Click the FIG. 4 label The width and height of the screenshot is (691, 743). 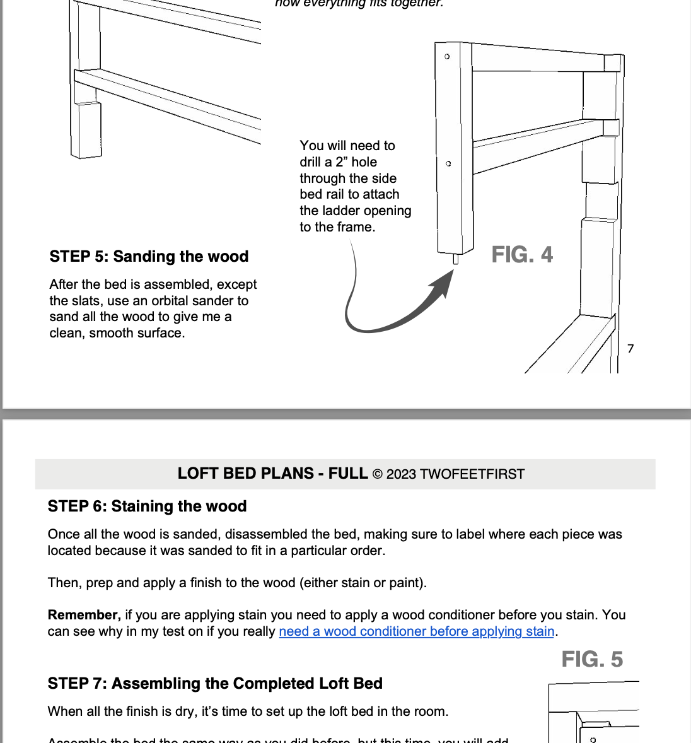(x=522, y=255)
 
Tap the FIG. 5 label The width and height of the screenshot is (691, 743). (x=592, y=660)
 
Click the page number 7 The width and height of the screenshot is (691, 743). (x=630, y=349)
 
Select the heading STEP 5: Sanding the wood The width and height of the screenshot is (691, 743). (x=149, y=257)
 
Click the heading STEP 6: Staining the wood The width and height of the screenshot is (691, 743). (x=147, y=506)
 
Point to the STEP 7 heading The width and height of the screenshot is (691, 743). (x=215, y=684)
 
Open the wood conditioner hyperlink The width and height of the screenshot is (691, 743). (x=416, y=631)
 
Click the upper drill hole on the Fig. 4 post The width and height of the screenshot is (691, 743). (x=448, y=57)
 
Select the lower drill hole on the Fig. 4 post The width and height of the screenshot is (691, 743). (x=448, y=164)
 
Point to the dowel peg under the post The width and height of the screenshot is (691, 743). (x=456, y=259)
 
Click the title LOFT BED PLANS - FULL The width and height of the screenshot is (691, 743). (x=272, y=474)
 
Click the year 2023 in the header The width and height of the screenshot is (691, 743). (x=401, y=474)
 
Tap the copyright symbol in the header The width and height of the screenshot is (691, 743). (x=377, y=474)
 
